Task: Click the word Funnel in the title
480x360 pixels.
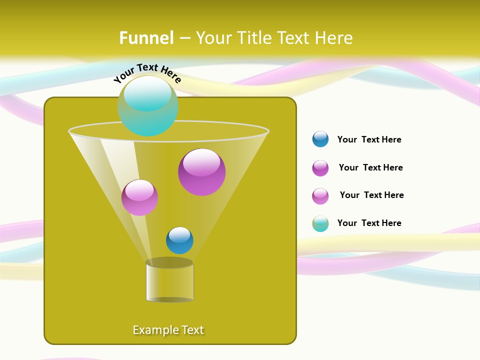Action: click(x=146, y=37)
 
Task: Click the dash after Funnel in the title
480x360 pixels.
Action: click(x=184, y=38)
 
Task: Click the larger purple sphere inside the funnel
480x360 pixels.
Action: click(x=201, y=172)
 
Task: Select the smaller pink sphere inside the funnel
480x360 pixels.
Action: click(x=139, y=197)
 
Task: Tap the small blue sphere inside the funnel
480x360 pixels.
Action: click(x=179, y=240)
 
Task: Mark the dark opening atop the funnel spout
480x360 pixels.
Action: click(x=169, y=262)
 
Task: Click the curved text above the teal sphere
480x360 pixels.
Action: click(x=147, y=73)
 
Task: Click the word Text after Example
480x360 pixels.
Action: click(x=192, y=330)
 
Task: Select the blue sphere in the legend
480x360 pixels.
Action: click(x=320, y=139)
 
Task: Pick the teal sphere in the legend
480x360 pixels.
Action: click(x=320, y=223)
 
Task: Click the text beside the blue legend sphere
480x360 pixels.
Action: click(x=369, y=139)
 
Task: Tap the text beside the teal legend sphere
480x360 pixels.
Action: click(x=369, y=223)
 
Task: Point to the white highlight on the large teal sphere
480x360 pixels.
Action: click(x=147, y=92)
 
